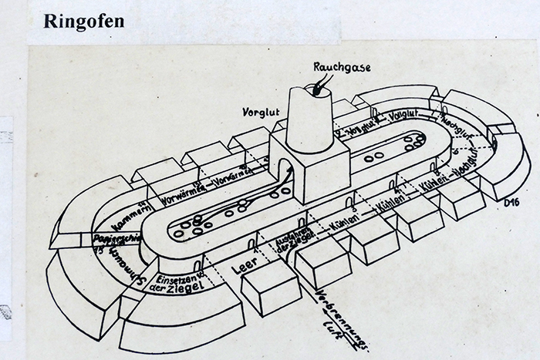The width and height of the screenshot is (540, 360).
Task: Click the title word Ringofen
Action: pos(83,20)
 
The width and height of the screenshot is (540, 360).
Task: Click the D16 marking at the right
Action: pos(508,203)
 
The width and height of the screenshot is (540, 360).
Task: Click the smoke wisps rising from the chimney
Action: pos(325,81)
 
